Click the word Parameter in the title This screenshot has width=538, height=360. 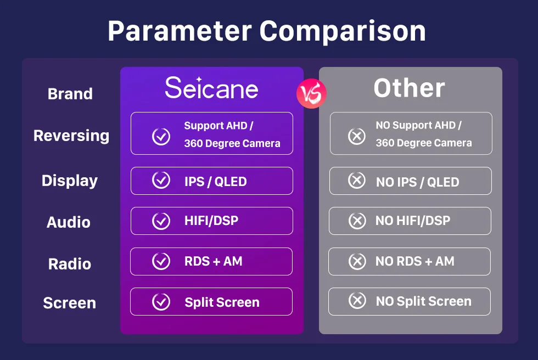(180, 31)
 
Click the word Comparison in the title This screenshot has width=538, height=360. (343, 31)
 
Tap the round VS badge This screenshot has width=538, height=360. (311, 94)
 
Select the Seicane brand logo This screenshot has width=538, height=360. (211, 88)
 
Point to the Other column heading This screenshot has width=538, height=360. (409, 88)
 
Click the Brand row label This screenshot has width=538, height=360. (70, 94)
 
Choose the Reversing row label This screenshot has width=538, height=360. (71, 136)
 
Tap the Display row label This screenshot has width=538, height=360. (70, 181)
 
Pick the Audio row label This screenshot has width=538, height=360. (69, 222)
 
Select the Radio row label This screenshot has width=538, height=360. (70, 264)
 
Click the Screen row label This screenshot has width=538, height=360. (70, 303)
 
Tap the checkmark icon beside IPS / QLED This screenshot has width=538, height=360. (161, 180)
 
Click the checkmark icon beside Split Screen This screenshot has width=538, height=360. (161, 302)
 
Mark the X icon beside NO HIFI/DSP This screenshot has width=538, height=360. (357, 221)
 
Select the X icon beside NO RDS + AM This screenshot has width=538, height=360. (357, 261)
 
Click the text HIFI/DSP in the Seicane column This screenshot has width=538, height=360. (211, 221)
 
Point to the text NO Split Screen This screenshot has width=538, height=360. (424, 301)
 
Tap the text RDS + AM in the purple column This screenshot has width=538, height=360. (214, 261)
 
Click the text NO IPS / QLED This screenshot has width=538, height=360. (418, 182)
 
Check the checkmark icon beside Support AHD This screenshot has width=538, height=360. (161, 137)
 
